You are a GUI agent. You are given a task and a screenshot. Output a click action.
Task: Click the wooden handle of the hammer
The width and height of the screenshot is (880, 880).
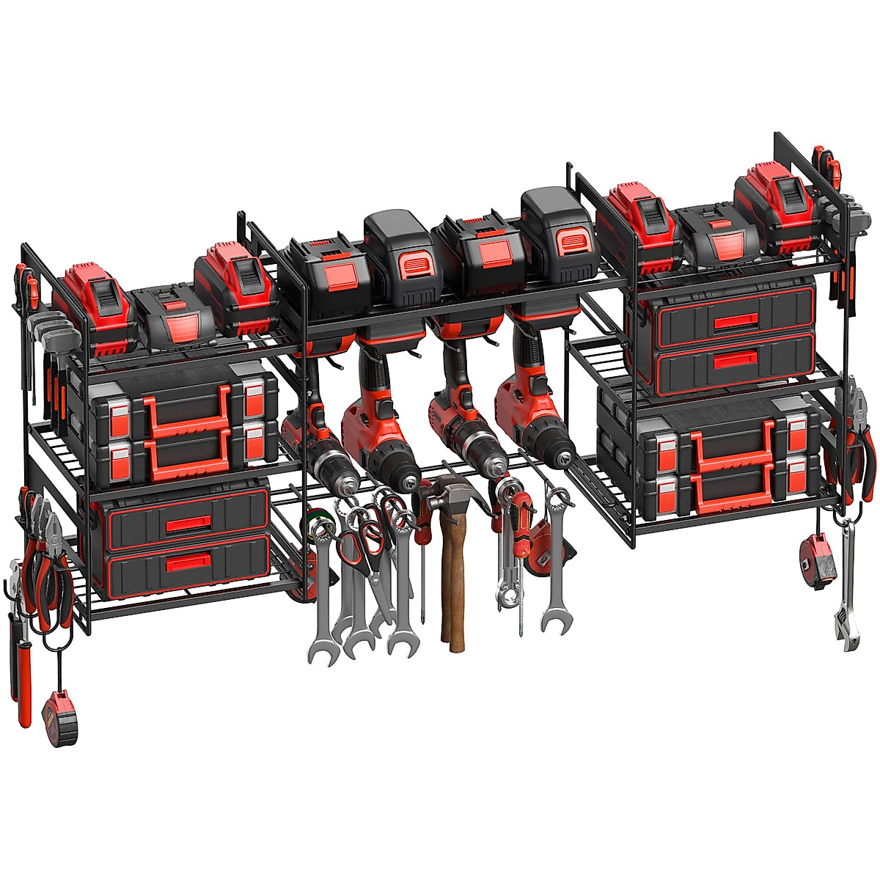coord(452,587)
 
